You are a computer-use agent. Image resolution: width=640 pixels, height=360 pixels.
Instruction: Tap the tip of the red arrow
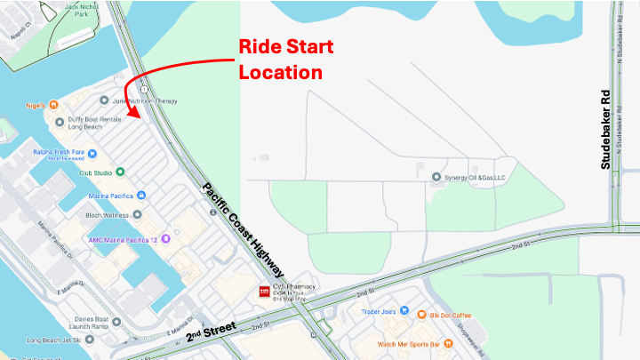(131, 118)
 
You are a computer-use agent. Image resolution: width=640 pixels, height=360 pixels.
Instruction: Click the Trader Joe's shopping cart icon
(404, 312)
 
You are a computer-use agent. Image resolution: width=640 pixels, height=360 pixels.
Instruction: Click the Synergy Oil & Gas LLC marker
(436, 177)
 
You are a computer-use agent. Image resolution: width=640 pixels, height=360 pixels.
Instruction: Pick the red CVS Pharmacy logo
(264, 292)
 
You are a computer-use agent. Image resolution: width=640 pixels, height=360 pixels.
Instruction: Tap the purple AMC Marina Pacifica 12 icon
(165, 239)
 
